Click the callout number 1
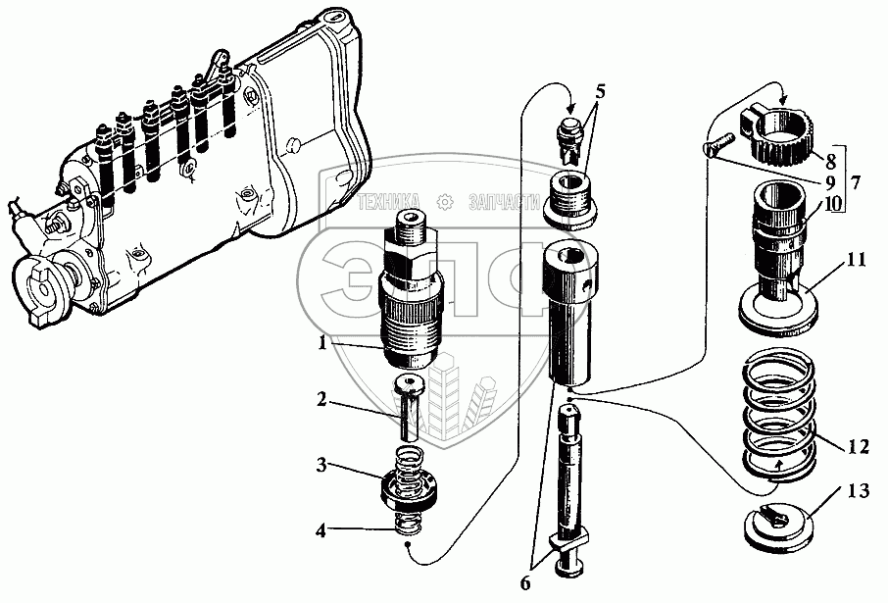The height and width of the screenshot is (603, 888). point(321,344)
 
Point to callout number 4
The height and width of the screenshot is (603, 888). point(321,532)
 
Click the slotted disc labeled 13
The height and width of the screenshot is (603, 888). point(778,526)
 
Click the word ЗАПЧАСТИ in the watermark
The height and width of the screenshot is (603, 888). point(504,201)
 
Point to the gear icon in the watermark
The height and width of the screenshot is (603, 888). point(446,201)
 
